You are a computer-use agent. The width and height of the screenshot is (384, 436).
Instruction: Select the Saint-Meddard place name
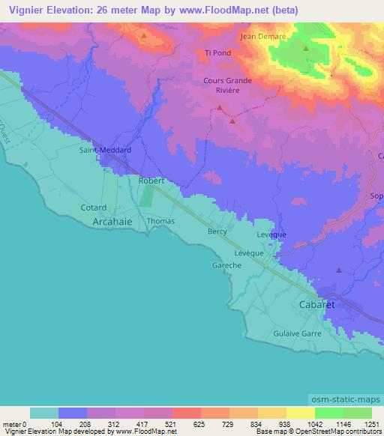[106, 150]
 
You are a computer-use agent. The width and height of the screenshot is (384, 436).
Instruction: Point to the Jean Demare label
[259, 35]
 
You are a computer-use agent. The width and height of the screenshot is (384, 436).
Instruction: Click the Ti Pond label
[217, 53]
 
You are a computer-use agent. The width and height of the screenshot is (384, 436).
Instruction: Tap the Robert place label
[151, 181]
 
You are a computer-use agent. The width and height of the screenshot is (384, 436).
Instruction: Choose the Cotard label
[94, 207]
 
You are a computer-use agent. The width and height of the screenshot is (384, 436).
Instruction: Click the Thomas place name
[160, 221]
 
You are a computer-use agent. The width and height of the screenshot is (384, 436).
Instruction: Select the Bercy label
[217, 231]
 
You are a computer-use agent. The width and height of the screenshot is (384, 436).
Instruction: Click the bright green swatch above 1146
[328, 413]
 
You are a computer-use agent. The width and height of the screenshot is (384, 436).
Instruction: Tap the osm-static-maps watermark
[343, 397]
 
